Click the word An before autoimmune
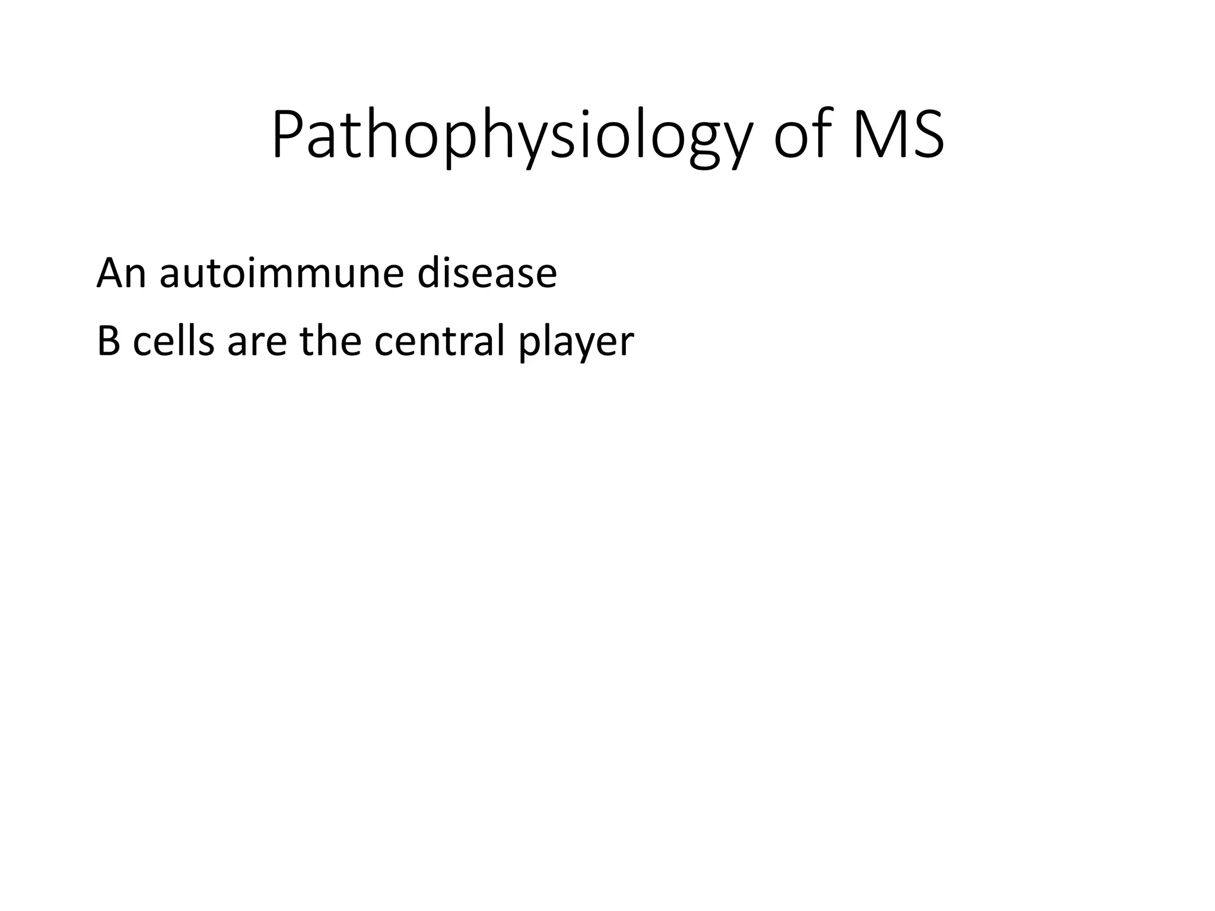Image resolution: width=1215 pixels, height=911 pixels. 121,273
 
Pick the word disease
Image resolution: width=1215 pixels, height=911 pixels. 486,273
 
